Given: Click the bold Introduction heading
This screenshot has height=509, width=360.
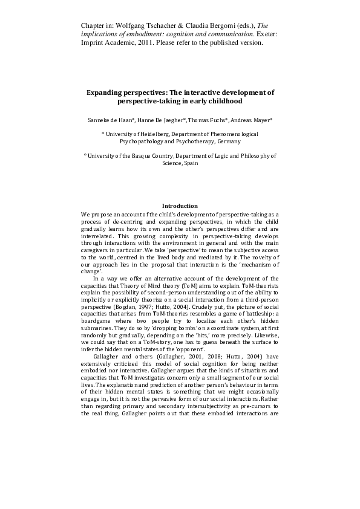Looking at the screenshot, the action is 180,206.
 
